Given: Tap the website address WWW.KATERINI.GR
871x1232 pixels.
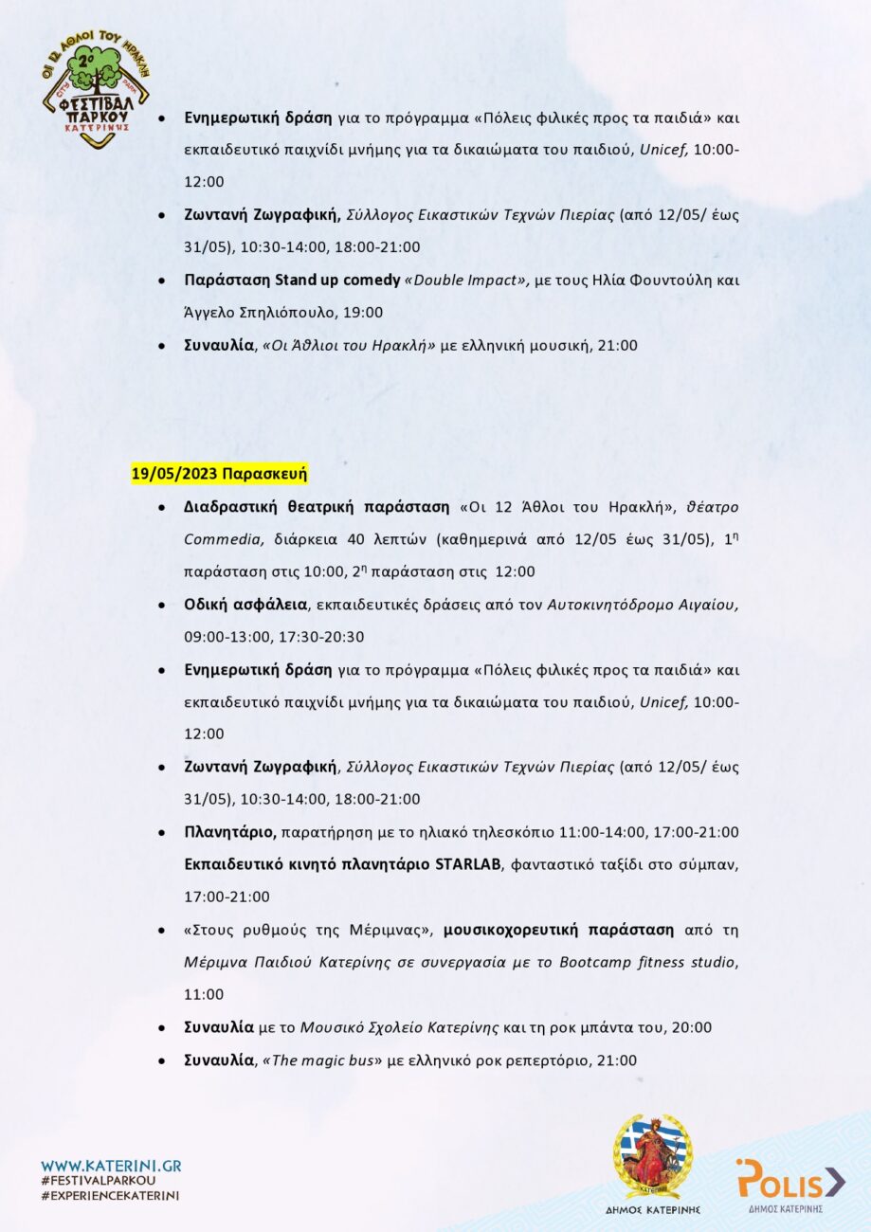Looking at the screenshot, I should (x=111, y=1166).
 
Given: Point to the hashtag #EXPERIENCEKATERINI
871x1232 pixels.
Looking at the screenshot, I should (x=111, y=1196).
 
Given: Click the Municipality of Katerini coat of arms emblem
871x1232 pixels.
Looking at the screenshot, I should (x=652, y=1157).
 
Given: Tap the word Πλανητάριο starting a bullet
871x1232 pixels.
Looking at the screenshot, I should (x=229, y=832).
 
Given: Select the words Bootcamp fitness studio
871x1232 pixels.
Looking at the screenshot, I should (x=648, y=963).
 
